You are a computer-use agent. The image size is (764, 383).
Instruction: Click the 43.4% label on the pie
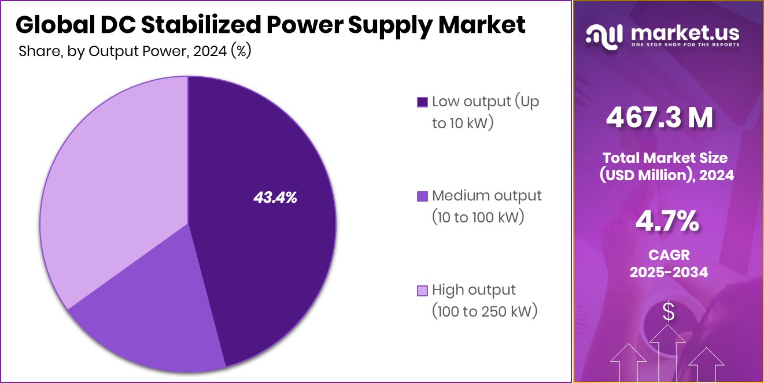pyautogui.click(x=275, y=198)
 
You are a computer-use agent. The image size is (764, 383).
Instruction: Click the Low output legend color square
pyautogui.click(x=422, y=102)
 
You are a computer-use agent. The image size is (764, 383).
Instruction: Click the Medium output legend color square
pyautogui.click(x=422, y=196)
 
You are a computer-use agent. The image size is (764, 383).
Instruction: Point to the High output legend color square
pyautogui.click(x=422, y=290)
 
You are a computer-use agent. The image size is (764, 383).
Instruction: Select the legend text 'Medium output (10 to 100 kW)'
pyautogui.click(x=486, y=206)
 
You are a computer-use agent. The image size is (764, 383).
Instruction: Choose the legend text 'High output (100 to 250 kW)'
pyautogui.click(x=484, y=300)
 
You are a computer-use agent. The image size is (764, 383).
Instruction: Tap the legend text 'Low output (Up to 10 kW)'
pyautogui.click(x=485, y=112)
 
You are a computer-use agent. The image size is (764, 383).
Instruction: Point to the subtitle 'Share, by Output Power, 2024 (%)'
pyautogui.click(x=134, y=51)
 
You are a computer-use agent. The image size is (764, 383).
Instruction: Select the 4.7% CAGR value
pyautogui.click(x=668, y=222)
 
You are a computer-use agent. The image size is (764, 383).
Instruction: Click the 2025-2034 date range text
pyautogui.click(x=668, y=272)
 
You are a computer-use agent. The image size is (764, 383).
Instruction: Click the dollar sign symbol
pyautogui.click(x=669, y=313)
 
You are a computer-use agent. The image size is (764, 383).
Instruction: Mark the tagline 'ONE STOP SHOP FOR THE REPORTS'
pyautogui.click(x=685, y=44)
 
